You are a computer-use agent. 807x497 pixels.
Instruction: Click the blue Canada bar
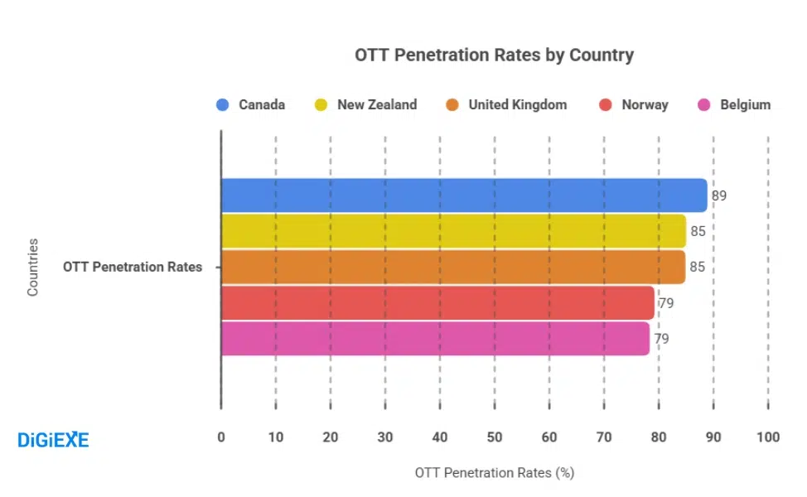[464, 195]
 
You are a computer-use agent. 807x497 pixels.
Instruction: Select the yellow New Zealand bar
[453, 231]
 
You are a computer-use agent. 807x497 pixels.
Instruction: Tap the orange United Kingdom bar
[453, 267]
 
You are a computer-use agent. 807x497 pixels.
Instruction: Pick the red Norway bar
[437, 302]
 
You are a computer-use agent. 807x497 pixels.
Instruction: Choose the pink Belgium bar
[435, 338]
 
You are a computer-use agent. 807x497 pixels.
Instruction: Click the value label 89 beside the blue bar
[718, 195]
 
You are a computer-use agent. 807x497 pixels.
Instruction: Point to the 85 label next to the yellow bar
[698, 231]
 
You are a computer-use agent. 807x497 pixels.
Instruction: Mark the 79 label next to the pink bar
[661, 339]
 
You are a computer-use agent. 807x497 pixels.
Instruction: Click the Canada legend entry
[251, 105]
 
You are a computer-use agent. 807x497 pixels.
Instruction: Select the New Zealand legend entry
[365, 105]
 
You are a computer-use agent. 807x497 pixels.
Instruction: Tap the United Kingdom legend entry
[506, 105]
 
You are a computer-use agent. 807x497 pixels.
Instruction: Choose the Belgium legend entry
[734, 105]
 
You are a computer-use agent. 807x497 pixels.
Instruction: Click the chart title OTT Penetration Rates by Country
[494, 55]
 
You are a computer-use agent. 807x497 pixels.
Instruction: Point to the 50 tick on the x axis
[495, 437]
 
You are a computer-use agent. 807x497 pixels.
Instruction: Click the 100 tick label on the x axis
[768, 437]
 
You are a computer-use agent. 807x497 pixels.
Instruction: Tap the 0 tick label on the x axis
[221, 437]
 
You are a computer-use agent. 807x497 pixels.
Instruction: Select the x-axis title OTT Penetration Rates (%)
[494, 473]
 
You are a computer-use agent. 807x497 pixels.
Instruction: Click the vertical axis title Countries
[33, 267]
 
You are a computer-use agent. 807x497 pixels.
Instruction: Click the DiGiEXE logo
[53, 440]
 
